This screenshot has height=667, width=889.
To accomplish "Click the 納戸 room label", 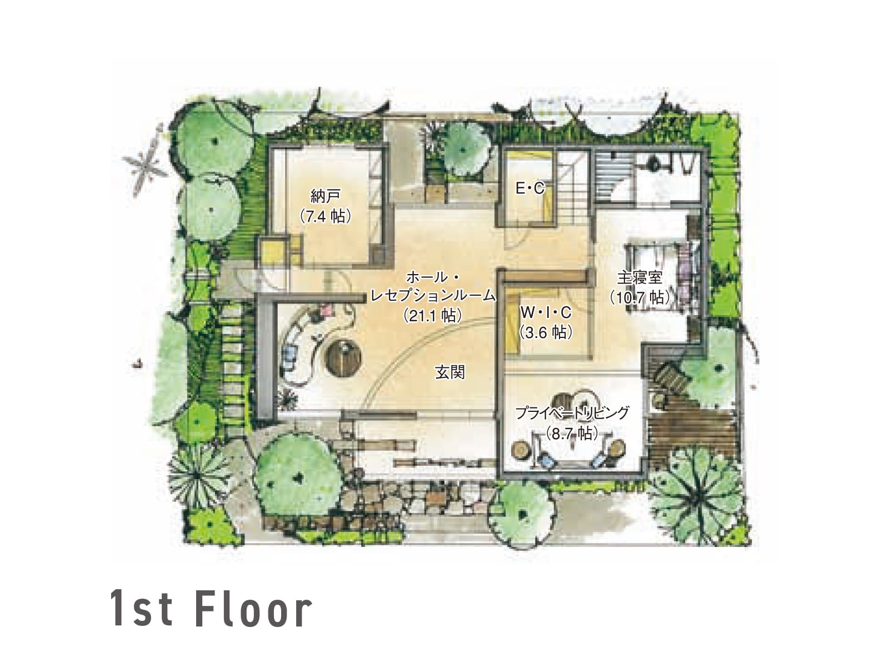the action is point(325,197).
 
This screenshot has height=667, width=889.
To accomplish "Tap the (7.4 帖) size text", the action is point(325,217).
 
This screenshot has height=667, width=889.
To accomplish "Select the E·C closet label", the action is point(530,188).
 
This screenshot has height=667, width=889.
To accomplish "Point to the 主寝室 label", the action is point(640,277).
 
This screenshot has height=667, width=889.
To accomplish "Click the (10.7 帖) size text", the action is point(640,298).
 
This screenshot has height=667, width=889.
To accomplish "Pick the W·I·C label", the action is point(546,312).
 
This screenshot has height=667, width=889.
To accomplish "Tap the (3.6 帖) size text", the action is point(546,332).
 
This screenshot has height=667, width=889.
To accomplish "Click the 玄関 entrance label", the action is point(450,372).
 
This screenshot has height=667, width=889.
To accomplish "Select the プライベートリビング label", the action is point(572,413).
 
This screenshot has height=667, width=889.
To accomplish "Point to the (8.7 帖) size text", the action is point(572,434).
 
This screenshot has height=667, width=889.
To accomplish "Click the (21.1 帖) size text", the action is point(433,315).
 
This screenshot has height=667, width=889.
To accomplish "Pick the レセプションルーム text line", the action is point(433,296).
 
